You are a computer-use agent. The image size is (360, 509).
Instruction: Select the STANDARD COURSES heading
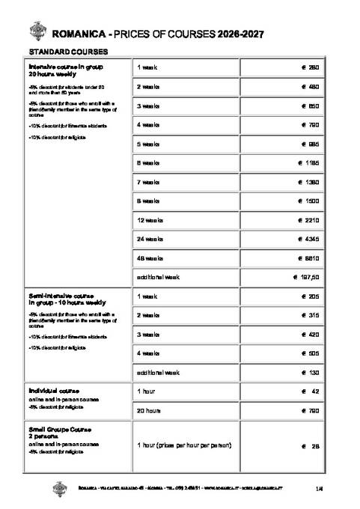coord(68,52)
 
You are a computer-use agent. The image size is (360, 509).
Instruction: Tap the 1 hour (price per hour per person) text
coord(184,446)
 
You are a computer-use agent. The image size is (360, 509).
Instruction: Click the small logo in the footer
coord(60,488)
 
